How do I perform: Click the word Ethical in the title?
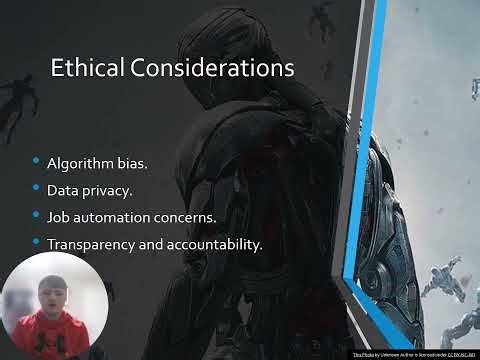click(x=83, y=68)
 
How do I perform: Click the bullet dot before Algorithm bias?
click(x=37, y=161)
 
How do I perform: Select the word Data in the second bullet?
click(x=61, y=189)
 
